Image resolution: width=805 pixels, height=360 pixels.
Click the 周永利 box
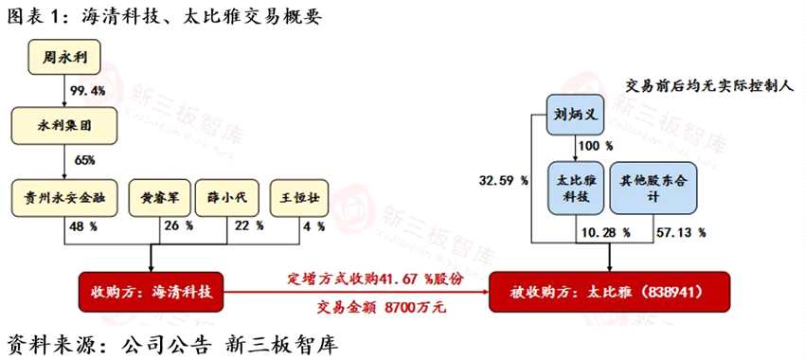pos(64,58)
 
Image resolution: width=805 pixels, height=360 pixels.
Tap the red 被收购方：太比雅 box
pos(610,292)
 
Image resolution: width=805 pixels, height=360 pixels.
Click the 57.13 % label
pos(682,232)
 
